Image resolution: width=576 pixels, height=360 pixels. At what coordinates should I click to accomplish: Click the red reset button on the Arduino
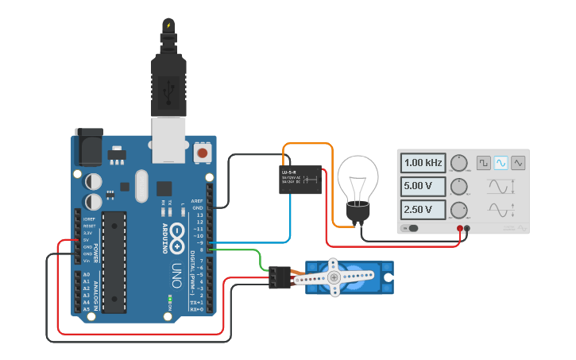203,151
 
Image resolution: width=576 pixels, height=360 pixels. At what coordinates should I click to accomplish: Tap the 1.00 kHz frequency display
423,163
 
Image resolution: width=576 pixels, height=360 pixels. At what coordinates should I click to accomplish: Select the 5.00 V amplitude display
423,188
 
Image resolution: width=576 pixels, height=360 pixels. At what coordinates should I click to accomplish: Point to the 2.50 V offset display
423,211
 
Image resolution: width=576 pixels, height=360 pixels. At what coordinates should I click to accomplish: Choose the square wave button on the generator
483,162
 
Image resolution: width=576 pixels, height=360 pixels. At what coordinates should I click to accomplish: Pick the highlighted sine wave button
501,162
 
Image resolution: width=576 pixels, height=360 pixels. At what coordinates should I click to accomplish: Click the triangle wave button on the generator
518,162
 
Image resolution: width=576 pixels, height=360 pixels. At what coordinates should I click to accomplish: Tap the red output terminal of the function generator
460,229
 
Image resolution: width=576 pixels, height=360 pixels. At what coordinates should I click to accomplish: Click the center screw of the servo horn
334,277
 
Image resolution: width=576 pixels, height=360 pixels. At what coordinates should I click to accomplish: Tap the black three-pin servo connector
279,277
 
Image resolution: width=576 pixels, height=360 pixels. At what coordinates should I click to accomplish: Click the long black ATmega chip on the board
114,261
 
